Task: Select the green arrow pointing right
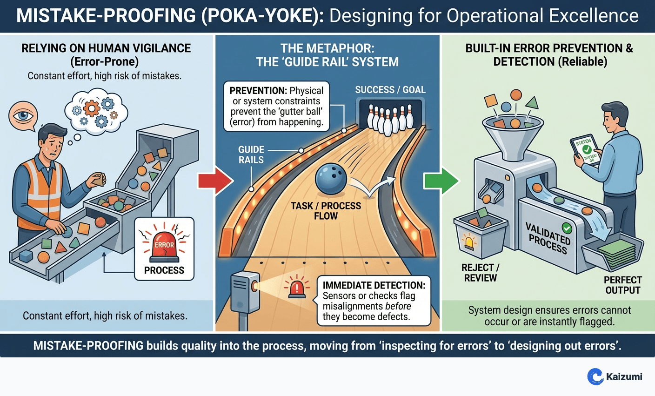pos(440,181)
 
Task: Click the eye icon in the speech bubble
pos(22,115)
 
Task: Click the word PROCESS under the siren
pos(164,270)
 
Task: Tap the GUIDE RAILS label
pos(251,154)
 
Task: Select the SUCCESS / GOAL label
pos(390,90)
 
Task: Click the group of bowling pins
pos(390,119)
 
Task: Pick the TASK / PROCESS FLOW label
pos(326,211)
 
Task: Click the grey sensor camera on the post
pos(244,291)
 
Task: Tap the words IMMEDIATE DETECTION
pos(374,285)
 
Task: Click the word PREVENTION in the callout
pos(258,91)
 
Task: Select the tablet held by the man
pos(584,151)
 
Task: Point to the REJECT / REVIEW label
pos(480,273)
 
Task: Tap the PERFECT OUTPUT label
pos(622,285)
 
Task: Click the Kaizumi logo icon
pos(595,376)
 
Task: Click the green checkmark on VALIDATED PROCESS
pos(567,228)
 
